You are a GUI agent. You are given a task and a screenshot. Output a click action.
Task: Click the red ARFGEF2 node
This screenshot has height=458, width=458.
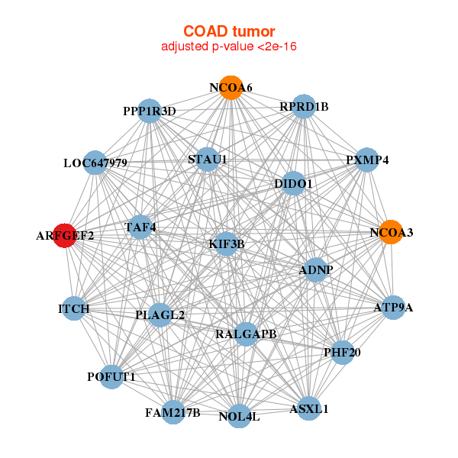click(65, 236)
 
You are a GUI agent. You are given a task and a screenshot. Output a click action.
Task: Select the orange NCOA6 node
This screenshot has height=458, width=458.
click(231, 88)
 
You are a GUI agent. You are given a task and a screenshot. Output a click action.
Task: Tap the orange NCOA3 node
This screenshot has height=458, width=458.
click(391, 232)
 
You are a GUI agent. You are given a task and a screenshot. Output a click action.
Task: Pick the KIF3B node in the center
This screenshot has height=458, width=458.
click(227, 244)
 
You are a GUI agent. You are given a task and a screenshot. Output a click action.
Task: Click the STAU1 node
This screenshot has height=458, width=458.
click(207, 160)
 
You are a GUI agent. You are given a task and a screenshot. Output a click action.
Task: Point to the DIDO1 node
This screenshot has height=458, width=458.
click(294, 183)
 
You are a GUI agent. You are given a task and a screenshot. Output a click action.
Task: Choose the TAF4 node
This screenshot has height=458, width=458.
click(140, 227)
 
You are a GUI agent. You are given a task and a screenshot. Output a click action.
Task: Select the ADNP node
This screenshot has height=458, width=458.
click(316, 270)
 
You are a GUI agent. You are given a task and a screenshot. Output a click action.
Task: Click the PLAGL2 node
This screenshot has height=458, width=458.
click(160, 314)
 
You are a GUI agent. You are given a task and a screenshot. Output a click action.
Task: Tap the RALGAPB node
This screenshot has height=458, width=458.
click(246, 334)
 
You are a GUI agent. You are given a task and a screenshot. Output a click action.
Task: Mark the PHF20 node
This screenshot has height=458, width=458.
click(342, 352)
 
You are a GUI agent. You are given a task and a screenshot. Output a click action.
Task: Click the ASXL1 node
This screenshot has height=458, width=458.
click(308, 408)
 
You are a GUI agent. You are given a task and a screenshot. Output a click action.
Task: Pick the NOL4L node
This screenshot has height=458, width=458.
click(239, 416)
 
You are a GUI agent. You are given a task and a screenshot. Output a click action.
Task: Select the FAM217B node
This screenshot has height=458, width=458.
click(173, 412)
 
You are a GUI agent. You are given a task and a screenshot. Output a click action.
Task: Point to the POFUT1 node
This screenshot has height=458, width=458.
click(111, 377)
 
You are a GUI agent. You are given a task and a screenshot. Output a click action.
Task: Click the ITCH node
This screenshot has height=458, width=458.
click(74, 308)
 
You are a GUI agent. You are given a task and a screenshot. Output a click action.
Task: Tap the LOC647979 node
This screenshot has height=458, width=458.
click(95, 163)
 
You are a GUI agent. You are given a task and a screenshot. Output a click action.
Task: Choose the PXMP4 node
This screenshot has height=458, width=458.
click(367, 160)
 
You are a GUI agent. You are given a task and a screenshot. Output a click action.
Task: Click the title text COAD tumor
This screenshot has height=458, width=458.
click(229, 31)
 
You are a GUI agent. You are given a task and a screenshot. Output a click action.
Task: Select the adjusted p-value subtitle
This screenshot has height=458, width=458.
click(229, 47)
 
